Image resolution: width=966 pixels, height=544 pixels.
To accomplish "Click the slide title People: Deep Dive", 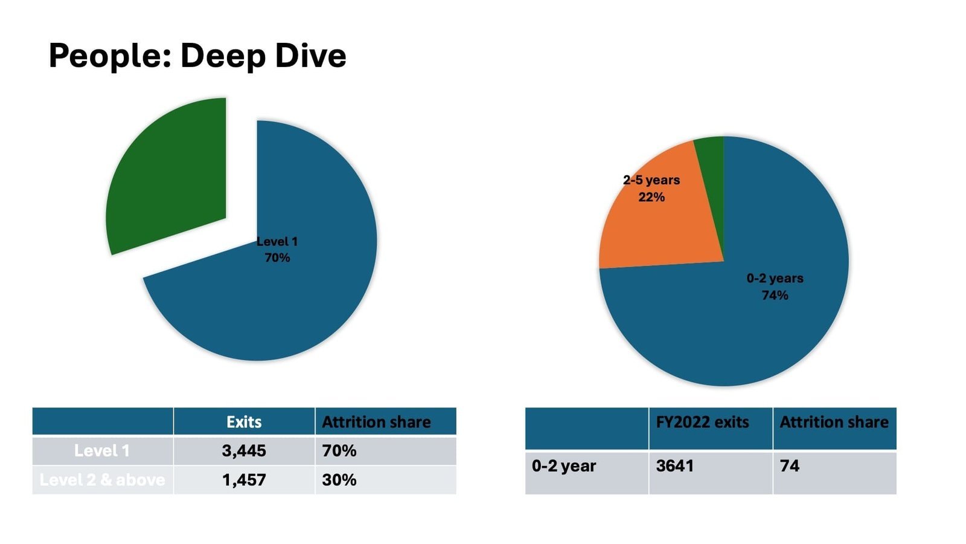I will [x=197, y=56].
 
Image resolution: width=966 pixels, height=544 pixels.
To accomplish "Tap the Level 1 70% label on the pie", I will [x=277, y=250].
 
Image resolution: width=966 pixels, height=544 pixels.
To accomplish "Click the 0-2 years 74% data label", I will [x=775, y=287].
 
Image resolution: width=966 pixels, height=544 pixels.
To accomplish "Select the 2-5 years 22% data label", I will [x=651, y=188].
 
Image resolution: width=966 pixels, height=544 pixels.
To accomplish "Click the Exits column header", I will [x=244, y=422].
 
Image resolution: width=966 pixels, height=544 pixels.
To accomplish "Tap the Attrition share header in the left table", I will [x=376, y=422].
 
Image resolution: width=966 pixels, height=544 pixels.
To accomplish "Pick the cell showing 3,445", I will [x=244, y=451].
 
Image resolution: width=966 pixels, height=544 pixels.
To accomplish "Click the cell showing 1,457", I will [x=244, y=480].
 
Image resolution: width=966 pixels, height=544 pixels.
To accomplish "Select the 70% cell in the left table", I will [x=339, y=451].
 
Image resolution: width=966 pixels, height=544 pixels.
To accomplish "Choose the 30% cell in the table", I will [x=339, y=480].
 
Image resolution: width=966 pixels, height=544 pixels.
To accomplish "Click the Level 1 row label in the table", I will [x=102, y=451].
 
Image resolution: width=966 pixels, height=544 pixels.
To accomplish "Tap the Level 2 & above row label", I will [x=102, y=480].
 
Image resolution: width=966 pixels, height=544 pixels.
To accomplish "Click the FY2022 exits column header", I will [x=702, y=422].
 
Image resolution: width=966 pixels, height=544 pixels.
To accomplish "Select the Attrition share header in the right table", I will [x=834, y=422].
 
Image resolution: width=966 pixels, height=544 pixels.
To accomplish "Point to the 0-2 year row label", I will [x=564, y=466].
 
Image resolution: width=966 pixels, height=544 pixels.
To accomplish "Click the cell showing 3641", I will [x=675, y=466].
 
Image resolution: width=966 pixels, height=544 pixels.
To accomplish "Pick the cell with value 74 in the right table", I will [x=790, y=466].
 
